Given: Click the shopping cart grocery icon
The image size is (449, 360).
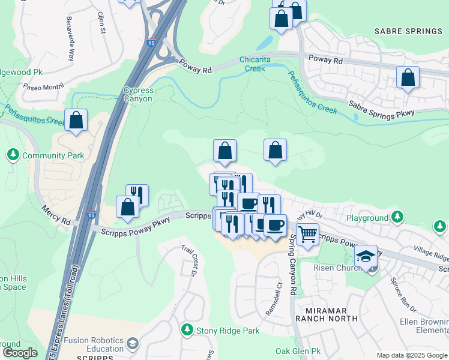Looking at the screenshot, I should [307, 234].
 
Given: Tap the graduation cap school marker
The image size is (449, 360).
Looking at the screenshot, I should [366, 256].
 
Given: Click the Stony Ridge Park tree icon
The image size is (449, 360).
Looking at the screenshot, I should [188, 330].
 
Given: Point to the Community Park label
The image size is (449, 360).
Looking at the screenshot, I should [53, 155].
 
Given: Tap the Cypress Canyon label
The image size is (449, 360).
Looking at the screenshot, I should [139, 95].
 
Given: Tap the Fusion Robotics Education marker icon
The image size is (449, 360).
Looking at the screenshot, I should [133, 343].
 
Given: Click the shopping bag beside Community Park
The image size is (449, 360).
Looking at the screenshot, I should [76, 120].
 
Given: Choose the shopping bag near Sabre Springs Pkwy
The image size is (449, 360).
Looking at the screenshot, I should [408, 77].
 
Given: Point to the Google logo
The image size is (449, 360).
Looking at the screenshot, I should [20, 353].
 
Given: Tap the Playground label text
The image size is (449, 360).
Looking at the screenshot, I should [367, 218].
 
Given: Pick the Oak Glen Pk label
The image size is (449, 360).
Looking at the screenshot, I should [295, 350].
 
